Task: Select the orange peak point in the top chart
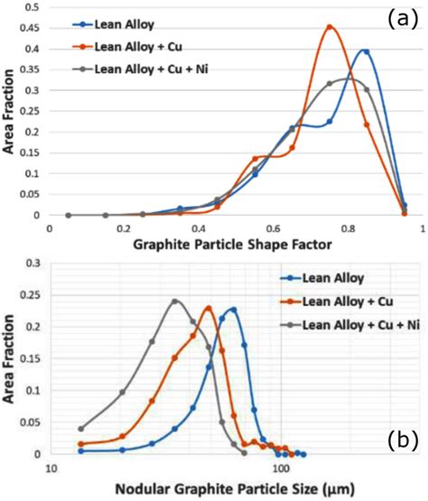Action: (x=330, y=27)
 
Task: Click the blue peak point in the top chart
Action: (x=366, y=51)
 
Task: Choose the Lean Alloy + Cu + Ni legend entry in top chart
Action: (x=150, y=67)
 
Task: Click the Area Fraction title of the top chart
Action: (x=11, y=117)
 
